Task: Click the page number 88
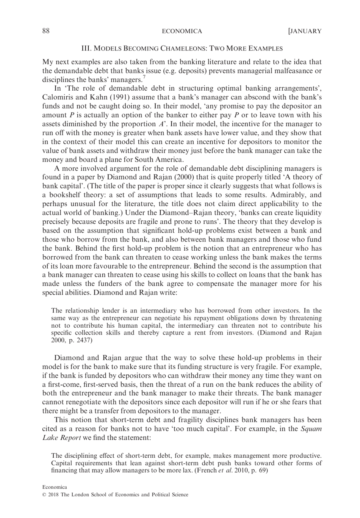(46, 31)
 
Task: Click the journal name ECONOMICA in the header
(182, 31)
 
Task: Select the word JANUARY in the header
(306, 31)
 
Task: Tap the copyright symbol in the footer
(44, 494)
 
